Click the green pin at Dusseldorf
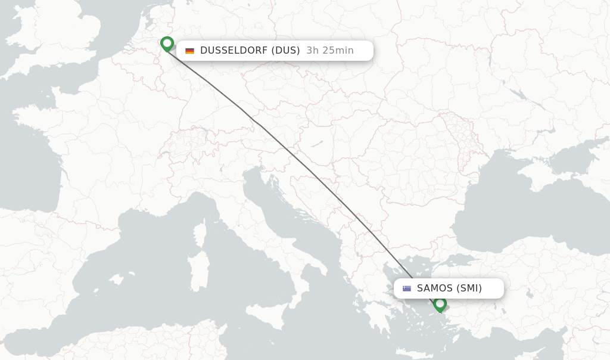click(167, 44)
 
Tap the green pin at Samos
click(440, 304)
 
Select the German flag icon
click(189, 51)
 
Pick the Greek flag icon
click(407, 288)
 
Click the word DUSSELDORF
click(234, 51)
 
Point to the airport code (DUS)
click(285, 51)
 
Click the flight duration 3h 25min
click(330, 51)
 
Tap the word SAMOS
click(435, 288)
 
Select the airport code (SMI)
click(469, 288)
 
